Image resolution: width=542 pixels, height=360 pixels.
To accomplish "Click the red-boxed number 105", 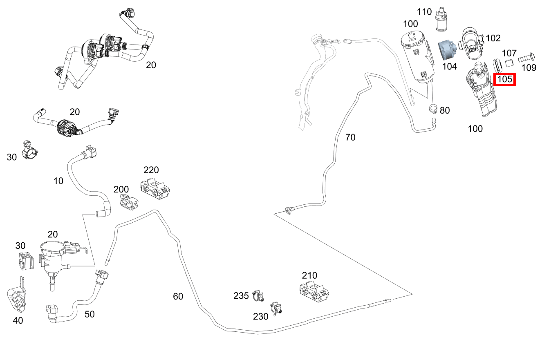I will [505, 79].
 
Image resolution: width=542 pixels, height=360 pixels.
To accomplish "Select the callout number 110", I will [424, 12].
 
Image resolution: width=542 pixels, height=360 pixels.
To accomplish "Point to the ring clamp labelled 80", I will [433, 109].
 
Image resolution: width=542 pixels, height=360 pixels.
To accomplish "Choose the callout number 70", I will [350, 137].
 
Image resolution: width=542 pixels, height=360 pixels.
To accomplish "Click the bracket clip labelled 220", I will [155, 189].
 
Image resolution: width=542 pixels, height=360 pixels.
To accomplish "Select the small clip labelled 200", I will [129, 202].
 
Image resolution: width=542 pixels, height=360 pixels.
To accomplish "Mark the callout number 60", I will [178, 296].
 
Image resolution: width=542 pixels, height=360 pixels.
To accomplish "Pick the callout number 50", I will [90, 314].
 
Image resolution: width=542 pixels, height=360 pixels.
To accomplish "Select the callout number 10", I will [58, 181].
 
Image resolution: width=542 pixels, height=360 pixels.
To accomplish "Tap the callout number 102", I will [493, 38].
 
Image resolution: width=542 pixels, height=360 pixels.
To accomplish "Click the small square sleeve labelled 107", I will [509, 63].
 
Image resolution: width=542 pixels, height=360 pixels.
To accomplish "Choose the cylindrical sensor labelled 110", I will [441, 20].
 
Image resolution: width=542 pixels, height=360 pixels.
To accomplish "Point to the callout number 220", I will [151, 170].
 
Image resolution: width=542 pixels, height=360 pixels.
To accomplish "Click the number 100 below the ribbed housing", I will [475, 129].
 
